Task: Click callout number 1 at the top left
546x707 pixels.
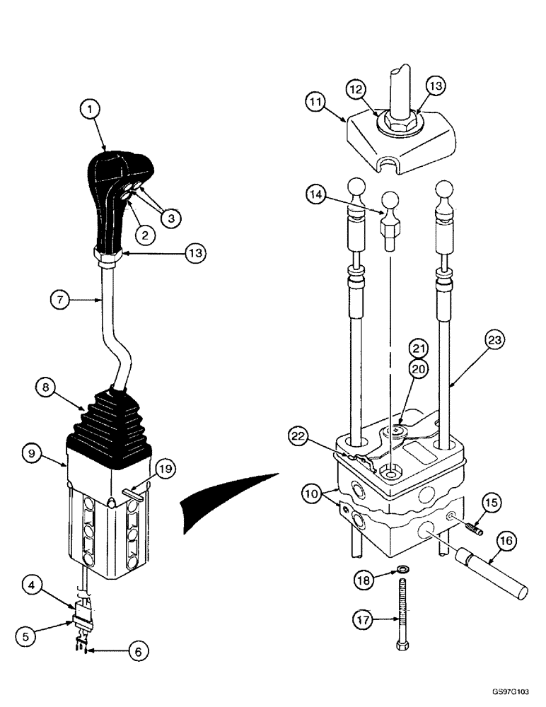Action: [91, 110]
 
